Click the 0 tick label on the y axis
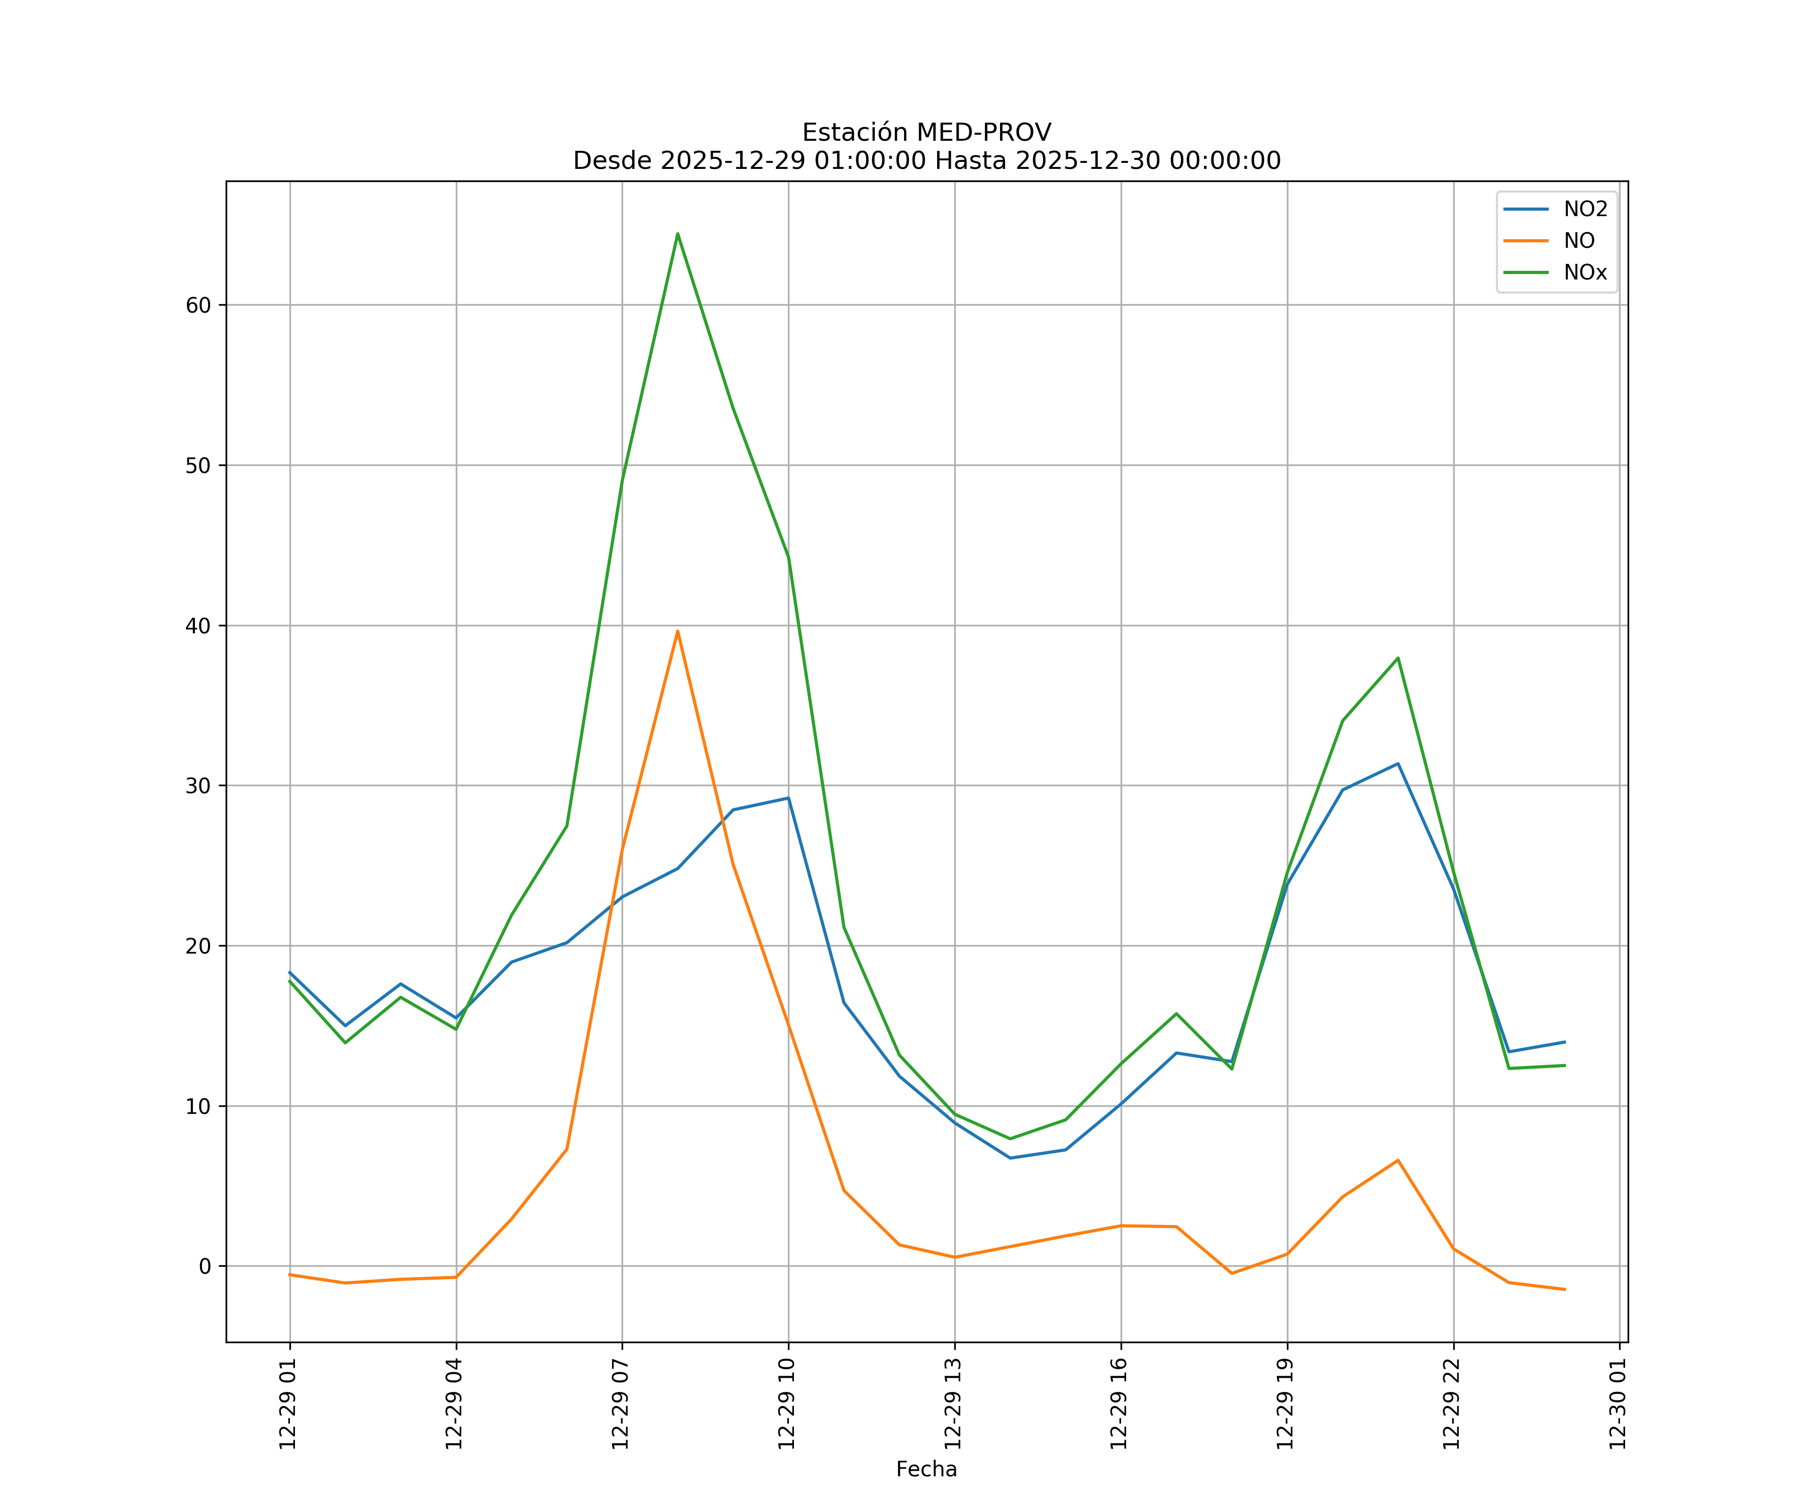click(x=205, y=1267)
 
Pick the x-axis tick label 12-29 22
click(x=1452, y=1404)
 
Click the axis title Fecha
click(x=926, y=1469)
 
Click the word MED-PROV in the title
click(x=984, y=133)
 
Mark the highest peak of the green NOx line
click(x=678, y=234)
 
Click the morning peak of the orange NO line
click(x=678, y=631)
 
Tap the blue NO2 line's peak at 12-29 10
click(x=788, y=798)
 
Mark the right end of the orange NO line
click(x=1564, y=1289)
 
